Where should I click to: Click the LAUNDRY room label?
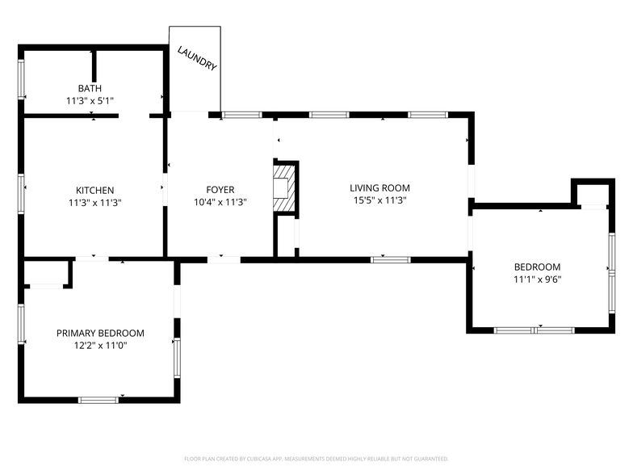(x=197, y=58)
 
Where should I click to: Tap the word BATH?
(x=90, y=89)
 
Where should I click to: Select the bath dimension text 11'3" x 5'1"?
(x=90, y=100)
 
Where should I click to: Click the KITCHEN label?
(x=95, y=191)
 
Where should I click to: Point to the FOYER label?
(x=220, y=190)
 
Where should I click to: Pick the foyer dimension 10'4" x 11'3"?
(x=220, y=202)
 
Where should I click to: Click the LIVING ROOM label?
(x=379, y=187)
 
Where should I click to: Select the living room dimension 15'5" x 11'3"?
(x=379, y=200)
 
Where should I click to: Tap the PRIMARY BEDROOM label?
(x=100, y=333)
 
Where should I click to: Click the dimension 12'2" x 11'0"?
(x=100, y=346)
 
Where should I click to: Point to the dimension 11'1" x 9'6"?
(x=538, y=280)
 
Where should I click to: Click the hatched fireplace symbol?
(x=284, y=187)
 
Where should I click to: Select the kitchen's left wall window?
(x=21, y=194)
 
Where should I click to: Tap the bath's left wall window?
(x=21, y=79)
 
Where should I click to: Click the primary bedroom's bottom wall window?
(x=99, y=401)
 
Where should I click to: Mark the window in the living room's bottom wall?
(x=391, y=260)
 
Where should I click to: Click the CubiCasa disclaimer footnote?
(x=316, y=459)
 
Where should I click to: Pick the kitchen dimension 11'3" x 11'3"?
(x=95, y=202)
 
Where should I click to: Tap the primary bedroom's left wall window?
(x=21, y=324)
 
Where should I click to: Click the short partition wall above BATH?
(x=94, y=66)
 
